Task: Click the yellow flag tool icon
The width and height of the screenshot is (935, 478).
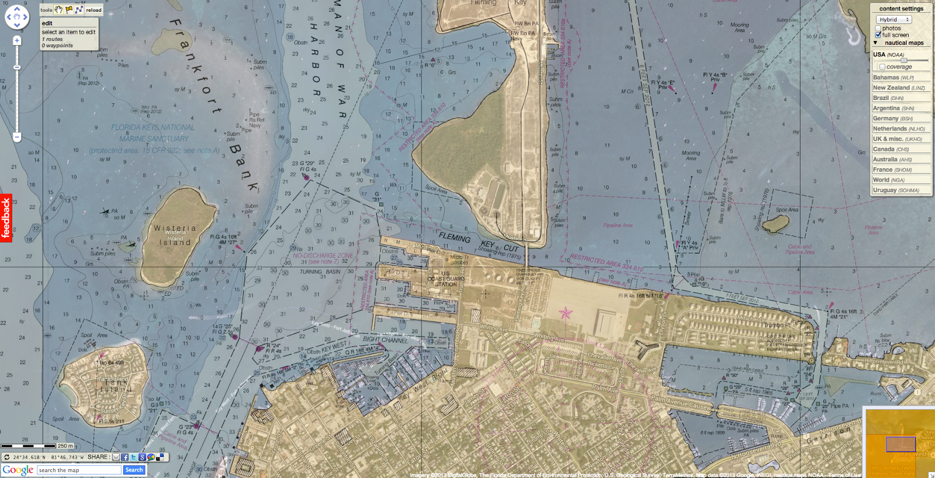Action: (69, 10)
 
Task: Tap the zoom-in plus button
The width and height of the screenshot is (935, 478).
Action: (17, 41)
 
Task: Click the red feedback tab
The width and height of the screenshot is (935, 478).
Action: (6, 218)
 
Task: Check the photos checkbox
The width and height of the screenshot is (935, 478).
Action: (878, 28)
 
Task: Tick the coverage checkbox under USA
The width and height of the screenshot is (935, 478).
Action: (882, 67)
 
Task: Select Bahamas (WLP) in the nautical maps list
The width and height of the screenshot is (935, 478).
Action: (893, 78)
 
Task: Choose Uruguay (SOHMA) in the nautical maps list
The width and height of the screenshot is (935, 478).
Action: (896, 190)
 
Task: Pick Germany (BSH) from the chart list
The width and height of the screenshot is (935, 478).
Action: (892, 119)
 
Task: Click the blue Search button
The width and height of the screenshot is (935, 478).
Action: (134, 470)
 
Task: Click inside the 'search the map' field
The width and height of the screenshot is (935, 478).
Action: (79, 470)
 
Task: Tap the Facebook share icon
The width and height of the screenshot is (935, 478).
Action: (124, 458)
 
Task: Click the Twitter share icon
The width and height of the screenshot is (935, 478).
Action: (133, 458)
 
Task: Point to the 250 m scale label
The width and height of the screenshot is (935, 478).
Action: (65, 446)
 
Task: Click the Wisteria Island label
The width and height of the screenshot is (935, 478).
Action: (175, 235)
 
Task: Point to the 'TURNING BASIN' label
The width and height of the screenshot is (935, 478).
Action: (320, 272)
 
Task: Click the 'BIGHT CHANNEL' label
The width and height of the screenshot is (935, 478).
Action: (385, 340)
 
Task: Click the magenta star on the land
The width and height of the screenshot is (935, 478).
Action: (565, 314)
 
